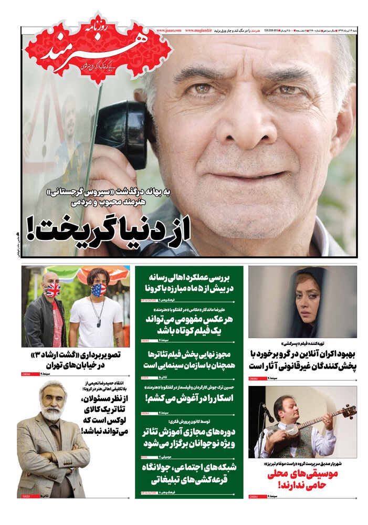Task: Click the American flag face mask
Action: [x=98, y=289]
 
